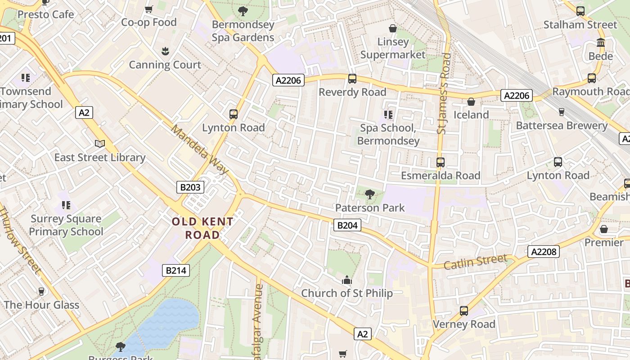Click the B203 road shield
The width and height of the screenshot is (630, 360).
point(190,187)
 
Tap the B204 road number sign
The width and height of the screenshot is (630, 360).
point(347,225)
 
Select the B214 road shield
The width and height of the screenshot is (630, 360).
point(175,270)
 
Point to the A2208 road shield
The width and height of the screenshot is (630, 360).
point(544,252)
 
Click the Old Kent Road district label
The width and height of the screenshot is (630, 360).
point(202,228)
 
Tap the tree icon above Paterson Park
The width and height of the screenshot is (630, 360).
point(370,194)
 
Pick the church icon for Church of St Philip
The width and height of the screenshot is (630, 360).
point(346,280)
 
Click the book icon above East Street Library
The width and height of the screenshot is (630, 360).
point(100,144)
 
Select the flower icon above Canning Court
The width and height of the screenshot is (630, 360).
point(165,51)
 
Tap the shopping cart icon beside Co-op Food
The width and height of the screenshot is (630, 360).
point(149,9)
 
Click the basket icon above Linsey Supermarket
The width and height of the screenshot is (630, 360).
point(393,28)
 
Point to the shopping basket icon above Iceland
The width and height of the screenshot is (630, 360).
point(471,102)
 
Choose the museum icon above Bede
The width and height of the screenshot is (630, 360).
point(601,43)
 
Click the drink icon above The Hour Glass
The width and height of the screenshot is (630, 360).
point(41,292)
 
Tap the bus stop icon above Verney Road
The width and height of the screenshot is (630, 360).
point(464,311)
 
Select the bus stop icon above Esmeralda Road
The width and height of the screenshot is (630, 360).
point(441,162)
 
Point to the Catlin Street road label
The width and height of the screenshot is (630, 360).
point(476,262)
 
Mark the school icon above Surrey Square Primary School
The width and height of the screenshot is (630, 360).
point(66,206)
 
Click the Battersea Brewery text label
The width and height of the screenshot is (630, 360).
point(562,126)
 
